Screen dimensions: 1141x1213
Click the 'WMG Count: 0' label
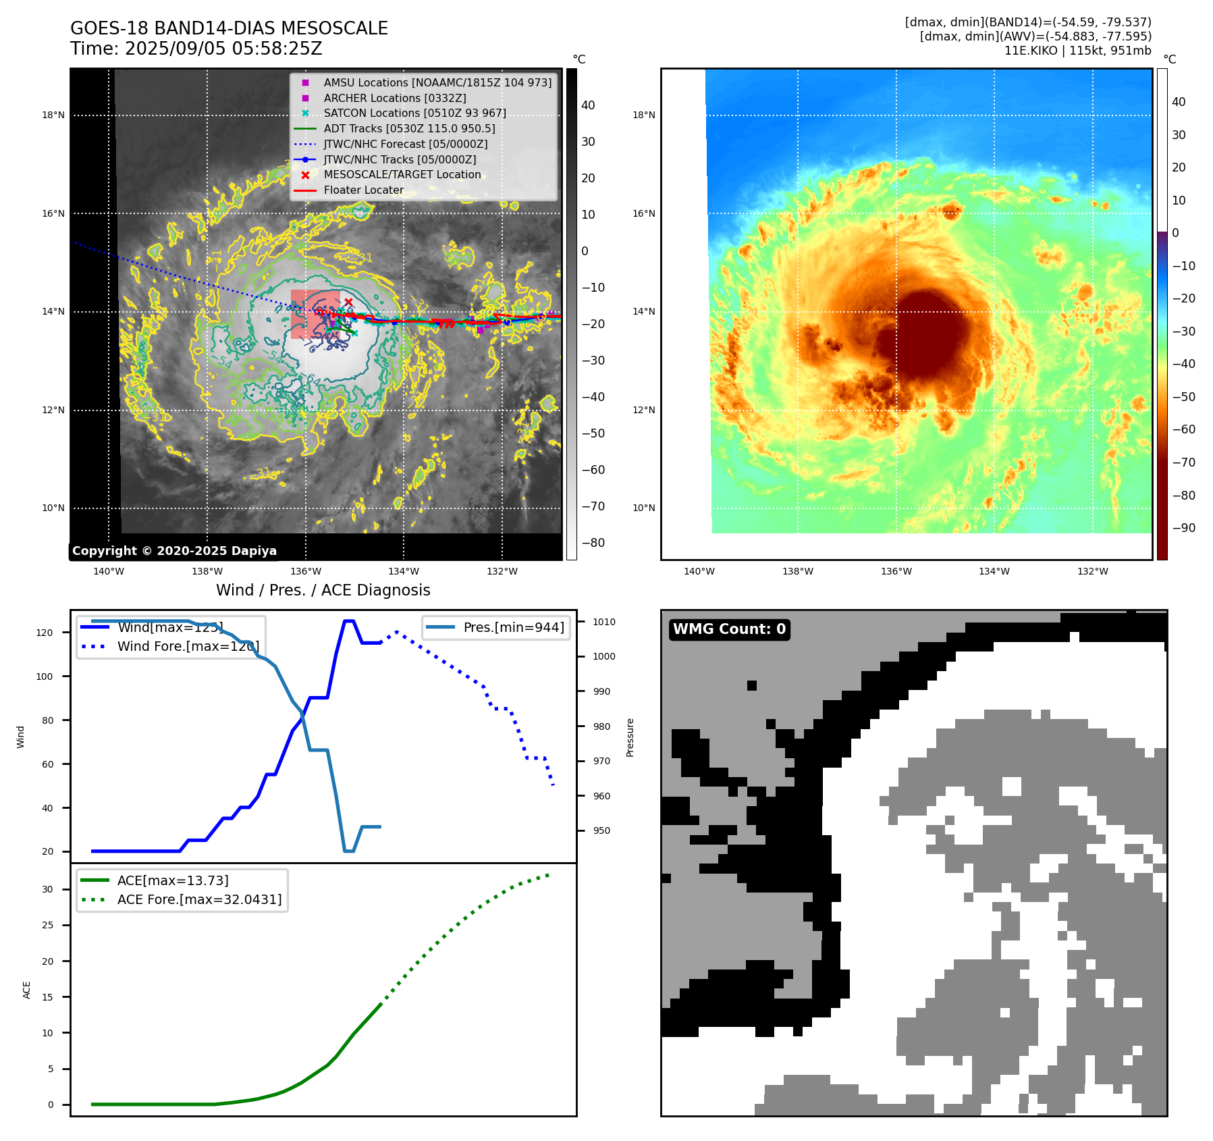click(729, 629)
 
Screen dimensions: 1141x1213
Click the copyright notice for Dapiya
click(174, 551)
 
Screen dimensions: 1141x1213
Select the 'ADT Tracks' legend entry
click(409, 128)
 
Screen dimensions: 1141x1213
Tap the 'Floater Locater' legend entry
click(363, 190)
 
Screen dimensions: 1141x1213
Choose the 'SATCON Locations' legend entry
click(414, 113)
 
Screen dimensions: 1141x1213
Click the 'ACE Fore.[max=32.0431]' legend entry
click(199, 899)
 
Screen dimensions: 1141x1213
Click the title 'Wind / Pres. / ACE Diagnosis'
click(323, 590)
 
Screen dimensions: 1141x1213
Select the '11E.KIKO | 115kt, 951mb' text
click(1077, 51)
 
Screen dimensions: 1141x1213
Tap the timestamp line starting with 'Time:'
click(196, 49)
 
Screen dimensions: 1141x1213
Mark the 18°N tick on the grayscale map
click(53, 115)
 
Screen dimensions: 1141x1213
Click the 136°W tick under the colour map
click(896, 572)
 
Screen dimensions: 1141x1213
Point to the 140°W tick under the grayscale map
click(109, 572)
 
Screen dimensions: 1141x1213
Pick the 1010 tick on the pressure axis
click(604, 622)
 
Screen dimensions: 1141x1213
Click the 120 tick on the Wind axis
click(45, 633)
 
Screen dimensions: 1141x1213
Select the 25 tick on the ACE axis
click(47, 925)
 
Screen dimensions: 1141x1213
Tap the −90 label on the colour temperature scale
click(1183, 528)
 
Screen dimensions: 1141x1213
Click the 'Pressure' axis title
click(630, 737)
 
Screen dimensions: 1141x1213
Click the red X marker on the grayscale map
click(348, 302)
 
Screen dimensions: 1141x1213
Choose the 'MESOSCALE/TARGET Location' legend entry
click(402, 175)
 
